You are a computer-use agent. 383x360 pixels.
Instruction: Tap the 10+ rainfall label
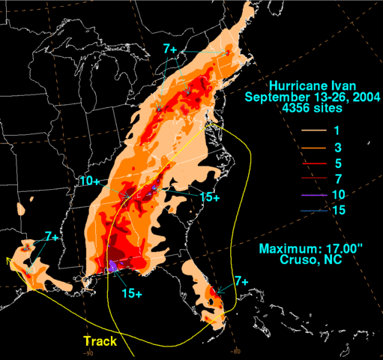tap(90, 181)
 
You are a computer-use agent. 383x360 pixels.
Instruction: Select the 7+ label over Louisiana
tap(52, 236)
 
